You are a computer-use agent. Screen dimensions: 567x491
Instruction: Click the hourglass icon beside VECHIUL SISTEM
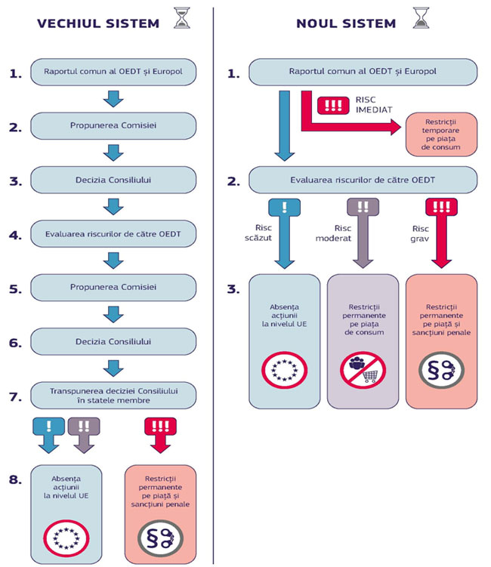point(181,20)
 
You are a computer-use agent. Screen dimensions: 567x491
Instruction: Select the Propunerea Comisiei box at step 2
point(113,127)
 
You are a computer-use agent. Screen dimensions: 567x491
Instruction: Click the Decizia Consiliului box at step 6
point(113,341)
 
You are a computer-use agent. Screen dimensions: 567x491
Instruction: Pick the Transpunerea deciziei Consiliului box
point(113,395)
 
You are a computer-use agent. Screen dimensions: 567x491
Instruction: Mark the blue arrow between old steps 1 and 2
point(113,99)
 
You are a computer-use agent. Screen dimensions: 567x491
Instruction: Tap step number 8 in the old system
point(14,476)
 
